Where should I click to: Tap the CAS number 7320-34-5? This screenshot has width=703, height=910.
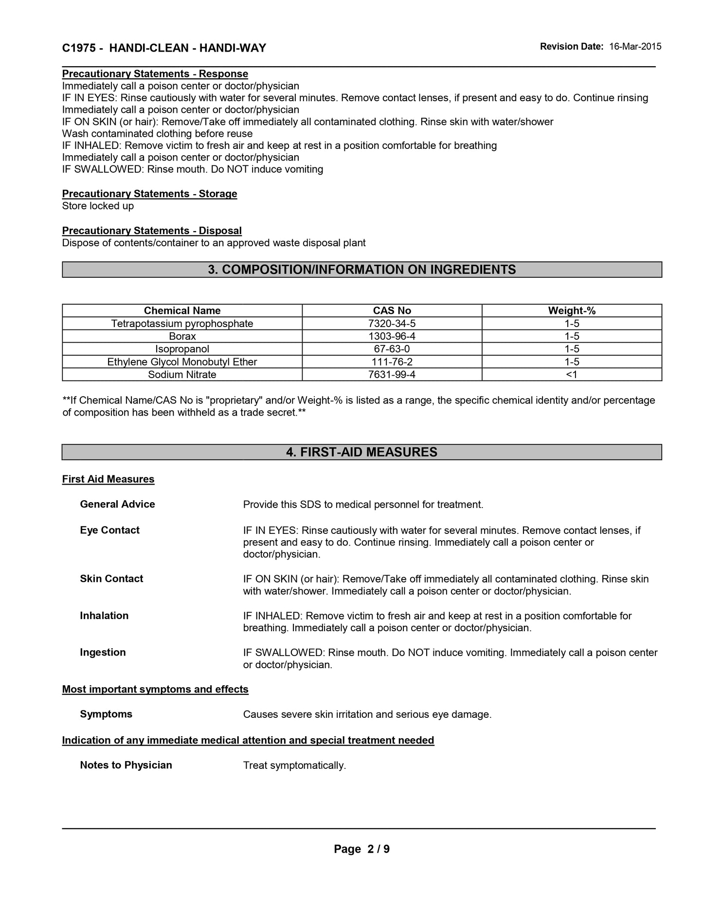point(392,324)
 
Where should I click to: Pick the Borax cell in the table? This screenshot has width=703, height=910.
point(182,336)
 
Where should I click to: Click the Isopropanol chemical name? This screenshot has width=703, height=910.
point(182,349)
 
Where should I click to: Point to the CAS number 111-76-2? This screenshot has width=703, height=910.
point(392,362)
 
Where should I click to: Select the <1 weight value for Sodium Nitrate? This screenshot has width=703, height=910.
point(572,374)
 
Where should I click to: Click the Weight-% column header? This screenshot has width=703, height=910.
point(572,310)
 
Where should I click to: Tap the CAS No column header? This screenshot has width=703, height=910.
point(392,310)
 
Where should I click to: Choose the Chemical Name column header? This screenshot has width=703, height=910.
point(182,310)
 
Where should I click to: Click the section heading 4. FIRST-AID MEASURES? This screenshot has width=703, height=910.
point(361,452)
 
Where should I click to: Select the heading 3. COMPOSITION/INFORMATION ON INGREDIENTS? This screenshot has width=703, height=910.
point(361,270)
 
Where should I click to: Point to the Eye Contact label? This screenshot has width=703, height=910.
point(109,530)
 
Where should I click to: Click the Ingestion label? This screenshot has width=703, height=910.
point(103,652)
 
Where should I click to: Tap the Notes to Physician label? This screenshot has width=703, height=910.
point(126,765)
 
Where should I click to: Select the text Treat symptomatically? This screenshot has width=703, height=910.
point(294,765)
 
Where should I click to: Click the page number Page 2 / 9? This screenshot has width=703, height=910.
point(361,849)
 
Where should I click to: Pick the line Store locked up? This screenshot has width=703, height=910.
point(98,206)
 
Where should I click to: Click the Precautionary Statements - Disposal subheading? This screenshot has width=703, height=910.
point(152,231)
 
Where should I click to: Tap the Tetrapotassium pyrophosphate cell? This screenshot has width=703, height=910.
point(182,324)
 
